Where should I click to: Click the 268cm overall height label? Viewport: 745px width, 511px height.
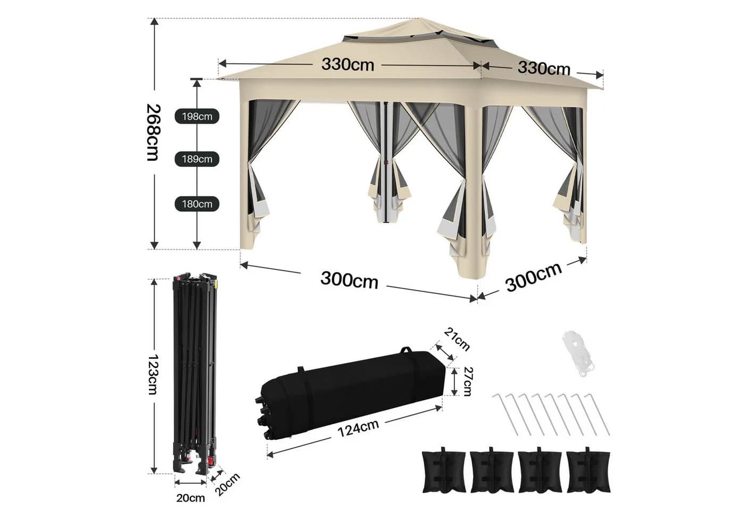(154, 133)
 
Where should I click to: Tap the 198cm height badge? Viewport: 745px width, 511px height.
(197, 117)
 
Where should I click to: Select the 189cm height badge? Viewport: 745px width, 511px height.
(197, 159)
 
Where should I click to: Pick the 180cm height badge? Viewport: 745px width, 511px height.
(197, 204)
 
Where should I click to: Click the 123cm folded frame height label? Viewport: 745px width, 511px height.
(153, 374)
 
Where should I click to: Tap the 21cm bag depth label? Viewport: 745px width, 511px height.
(457, 340)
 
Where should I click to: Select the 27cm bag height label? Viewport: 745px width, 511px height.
(468, 382)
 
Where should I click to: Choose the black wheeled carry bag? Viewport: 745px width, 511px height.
(351, 394)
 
